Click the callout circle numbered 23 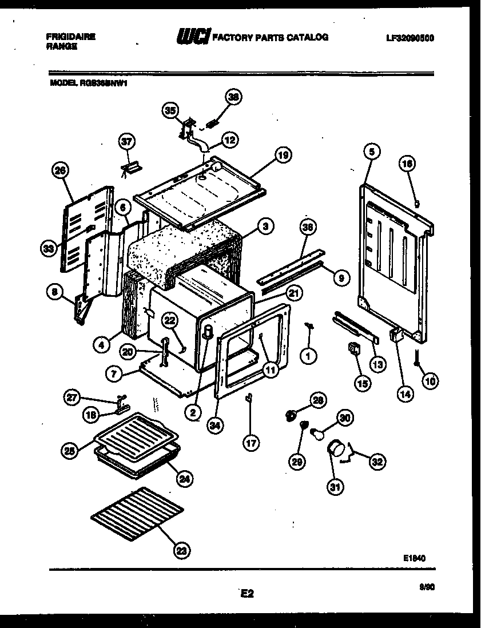click(181, 551)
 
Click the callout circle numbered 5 click(371, 152)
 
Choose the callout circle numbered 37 click(127, 141)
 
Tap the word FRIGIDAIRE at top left click(70, 37)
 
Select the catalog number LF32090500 click(410, 38)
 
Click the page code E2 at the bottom click(247, 594)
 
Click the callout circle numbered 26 click(59, 170)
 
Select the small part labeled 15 click(353, 348)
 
